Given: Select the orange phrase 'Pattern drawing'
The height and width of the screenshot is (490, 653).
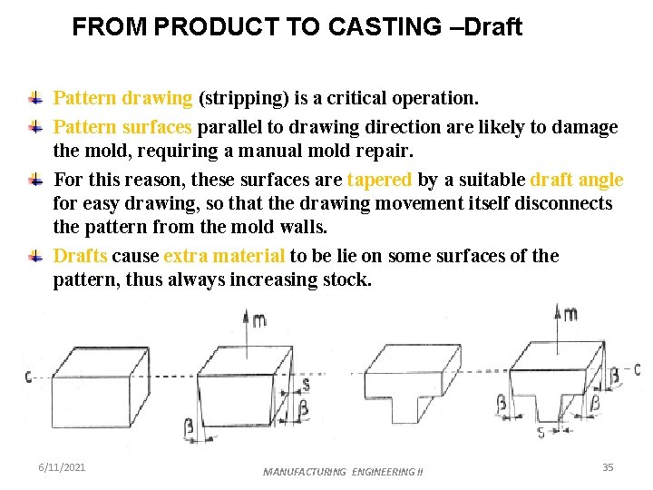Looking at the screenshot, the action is tap(122, 97).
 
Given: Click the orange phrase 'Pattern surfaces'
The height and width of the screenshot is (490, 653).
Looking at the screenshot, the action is tap(122, 126).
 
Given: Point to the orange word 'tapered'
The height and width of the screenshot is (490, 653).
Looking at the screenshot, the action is tap(380, 180).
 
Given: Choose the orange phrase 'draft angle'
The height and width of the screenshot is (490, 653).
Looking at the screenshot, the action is tap(577, 180).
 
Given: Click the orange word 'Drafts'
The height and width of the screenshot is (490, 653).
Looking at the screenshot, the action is tap(80, 256).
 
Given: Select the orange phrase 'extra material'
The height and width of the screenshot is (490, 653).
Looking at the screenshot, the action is tap(224, 256).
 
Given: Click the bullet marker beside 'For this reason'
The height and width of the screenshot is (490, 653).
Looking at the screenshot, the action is tap(34, 179).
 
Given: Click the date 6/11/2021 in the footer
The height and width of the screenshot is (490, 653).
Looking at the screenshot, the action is tap(62, 466).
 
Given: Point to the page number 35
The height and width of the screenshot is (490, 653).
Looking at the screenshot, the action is tap(608, 466).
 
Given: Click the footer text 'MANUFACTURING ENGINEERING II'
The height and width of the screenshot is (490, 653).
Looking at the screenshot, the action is tap(343, 472).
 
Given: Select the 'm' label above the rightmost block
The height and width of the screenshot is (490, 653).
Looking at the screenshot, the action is tap(570, 314).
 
